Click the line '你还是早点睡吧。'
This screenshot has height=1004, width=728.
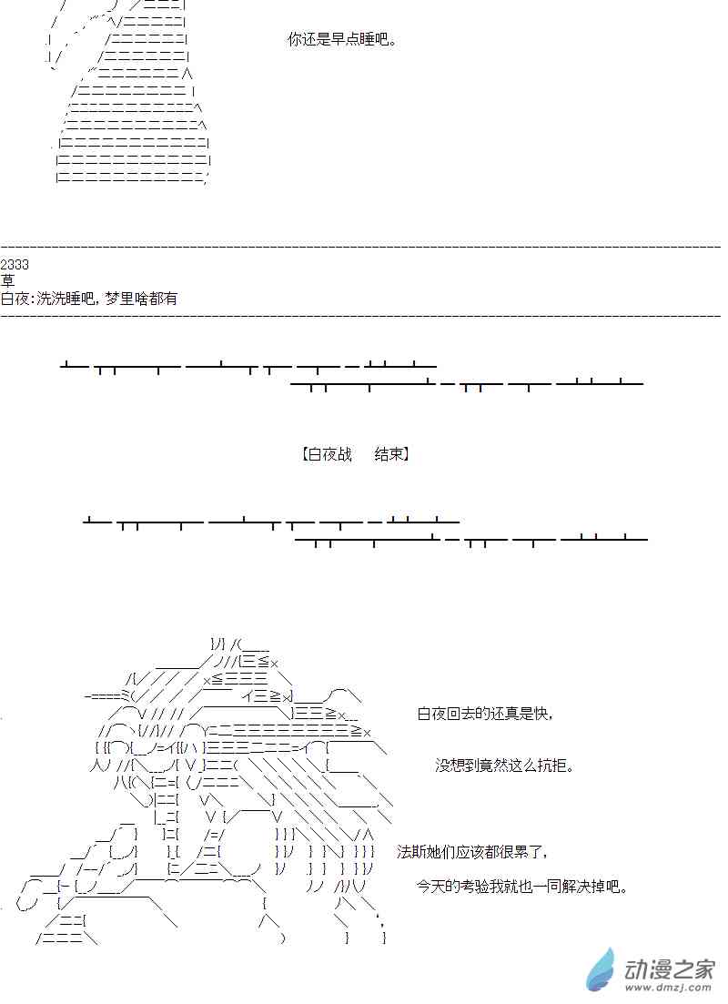click(x=342, y=40)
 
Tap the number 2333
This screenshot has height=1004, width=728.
click(x=15, y=265)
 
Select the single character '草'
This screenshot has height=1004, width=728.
click(x=8, y=281)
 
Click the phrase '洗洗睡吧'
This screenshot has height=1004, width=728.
click(x=66, y=299)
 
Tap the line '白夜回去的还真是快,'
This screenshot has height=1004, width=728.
click(x=485, y=715)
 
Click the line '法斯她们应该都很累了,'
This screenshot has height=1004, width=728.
click(x=473, y=852)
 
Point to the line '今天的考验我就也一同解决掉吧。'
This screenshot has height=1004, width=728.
click(x=522, y=886)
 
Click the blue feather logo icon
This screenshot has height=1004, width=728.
click(x=601, y=969)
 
